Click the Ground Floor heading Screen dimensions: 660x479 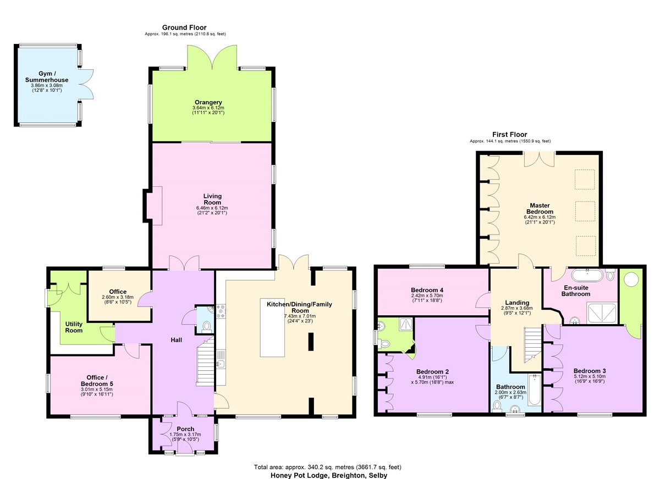point(184,27)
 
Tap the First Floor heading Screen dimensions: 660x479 point(510,135)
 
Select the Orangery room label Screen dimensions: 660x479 point(208,102)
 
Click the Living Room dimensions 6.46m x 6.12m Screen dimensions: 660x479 point(212,208)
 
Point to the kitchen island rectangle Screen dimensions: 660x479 point(272,328)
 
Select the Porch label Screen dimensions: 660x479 point(185,429)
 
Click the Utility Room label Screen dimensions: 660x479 point(74,327)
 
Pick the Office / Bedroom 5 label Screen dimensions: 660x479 point(97,381)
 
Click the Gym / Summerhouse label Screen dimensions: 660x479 point(47,77)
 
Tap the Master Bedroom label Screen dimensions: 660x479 point(540,208)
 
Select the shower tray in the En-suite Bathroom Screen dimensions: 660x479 point(602,313)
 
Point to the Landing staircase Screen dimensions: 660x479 point(533,345)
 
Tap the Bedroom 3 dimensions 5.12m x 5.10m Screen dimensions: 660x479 point(589,376)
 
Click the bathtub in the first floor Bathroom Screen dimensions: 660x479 point(534,390)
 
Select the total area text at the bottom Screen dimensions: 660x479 point(328,467)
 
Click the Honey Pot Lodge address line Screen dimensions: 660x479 point(329,475)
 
